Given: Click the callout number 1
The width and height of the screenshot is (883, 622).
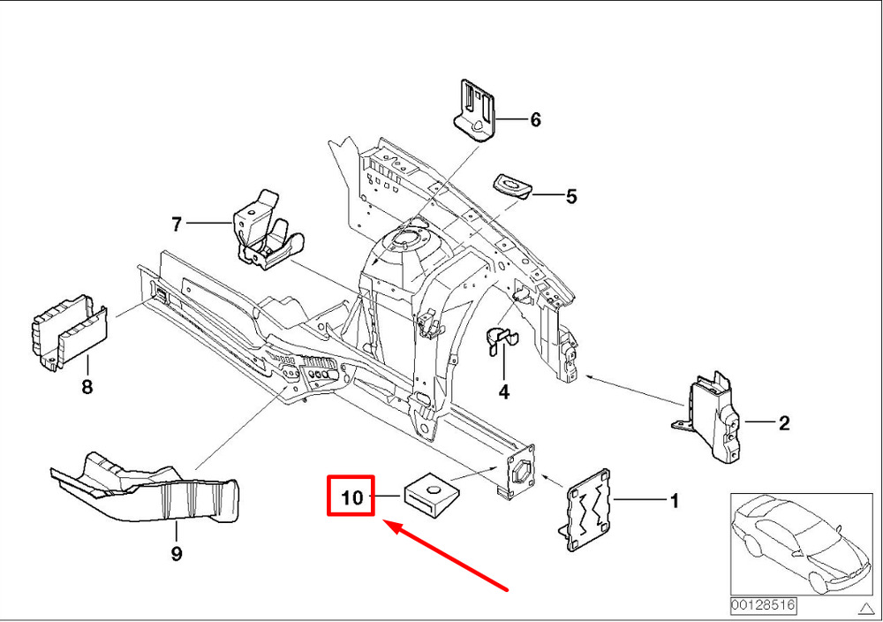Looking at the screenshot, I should pos(674,502).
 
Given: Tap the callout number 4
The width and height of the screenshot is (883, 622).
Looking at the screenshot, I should pos(504,391).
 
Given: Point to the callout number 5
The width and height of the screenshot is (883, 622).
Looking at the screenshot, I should pos(571,197).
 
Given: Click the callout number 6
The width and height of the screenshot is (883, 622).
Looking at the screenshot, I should pos(535,119).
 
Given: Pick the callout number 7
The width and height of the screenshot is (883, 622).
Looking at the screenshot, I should pos(177,225).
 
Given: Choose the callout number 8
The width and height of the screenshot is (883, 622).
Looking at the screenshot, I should pos(87,386).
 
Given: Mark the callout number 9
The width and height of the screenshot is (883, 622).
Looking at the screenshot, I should pos(176,554).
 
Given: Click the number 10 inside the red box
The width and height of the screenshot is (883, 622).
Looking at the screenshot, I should pos(351,497).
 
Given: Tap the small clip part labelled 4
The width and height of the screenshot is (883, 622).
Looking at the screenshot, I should pos(500,343).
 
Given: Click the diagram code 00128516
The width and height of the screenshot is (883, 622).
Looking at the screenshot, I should pos(762,606).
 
